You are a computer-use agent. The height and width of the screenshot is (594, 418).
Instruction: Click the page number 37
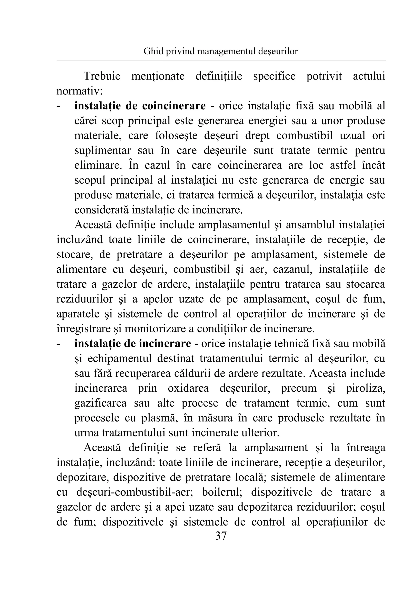pos(221,536)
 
